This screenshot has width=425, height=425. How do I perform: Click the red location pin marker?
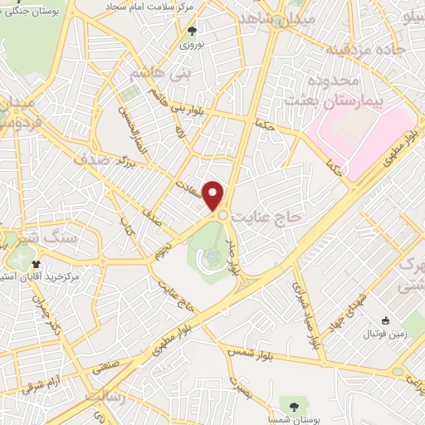(214, 195)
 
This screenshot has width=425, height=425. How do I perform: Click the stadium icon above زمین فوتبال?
(384, 321)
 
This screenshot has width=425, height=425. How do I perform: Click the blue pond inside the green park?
(213, 256)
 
